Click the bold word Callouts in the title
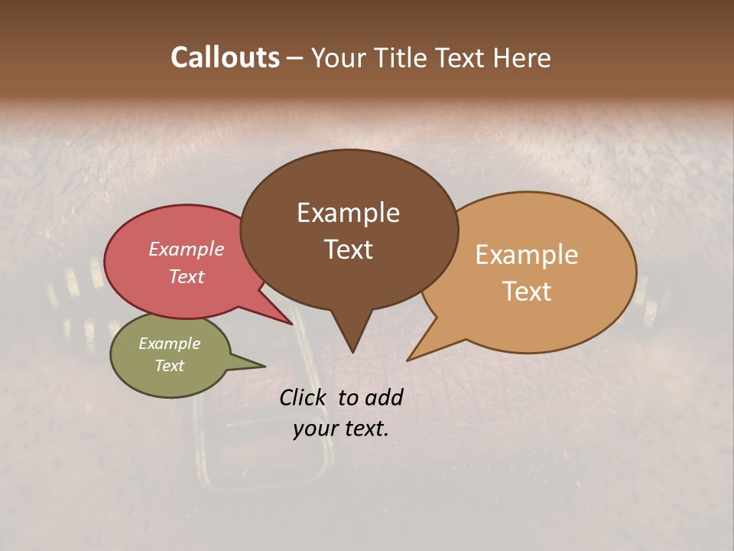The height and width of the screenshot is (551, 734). click(x=225, y=57)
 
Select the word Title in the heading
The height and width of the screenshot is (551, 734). click(x=400, y=57)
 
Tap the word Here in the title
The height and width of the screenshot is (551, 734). click(x=521, y=57)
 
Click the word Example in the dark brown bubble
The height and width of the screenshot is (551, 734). click(x=348, y=213)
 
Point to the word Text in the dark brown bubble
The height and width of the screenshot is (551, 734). click(x=348, y=249)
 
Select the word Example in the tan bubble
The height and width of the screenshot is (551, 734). click(x=527, y=255)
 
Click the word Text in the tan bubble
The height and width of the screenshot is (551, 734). click(x=527, y=292)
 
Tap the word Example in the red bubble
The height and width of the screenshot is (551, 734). click(x=187, y=249)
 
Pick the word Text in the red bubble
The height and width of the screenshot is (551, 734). click(x=187, y=276)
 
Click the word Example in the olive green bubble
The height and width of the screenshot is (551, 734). click(x=170, y=344)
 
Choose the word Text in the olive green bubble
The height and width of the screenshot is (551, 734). click(x=170, y=366)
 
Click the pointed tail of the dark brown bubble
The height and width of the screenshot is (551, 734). click(x=352, y=344)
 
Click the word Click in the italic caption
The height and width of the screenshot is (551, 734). click(x=304, y=397)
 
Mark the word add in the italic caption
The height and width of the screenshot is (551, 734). click(x=385, y=397)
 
